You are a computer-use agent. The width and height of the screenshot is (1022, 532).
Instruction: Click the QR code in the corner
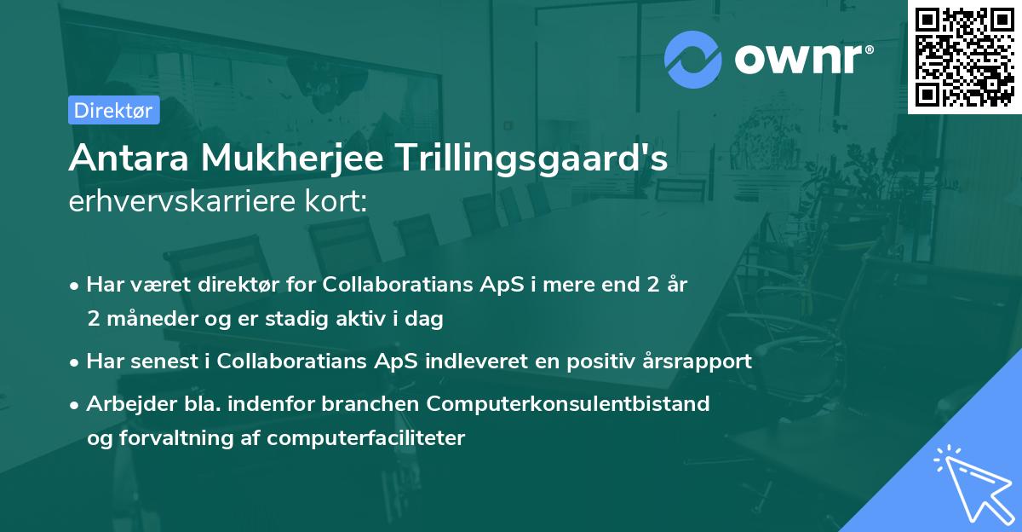click(x=965, y=56)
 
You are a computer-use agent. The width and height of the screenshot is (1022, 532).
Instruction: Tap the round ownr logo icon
click(x=693, y=60)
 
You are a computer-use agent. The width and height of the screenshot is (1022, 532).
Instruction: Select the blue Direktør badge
click(x=114, y=110)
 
